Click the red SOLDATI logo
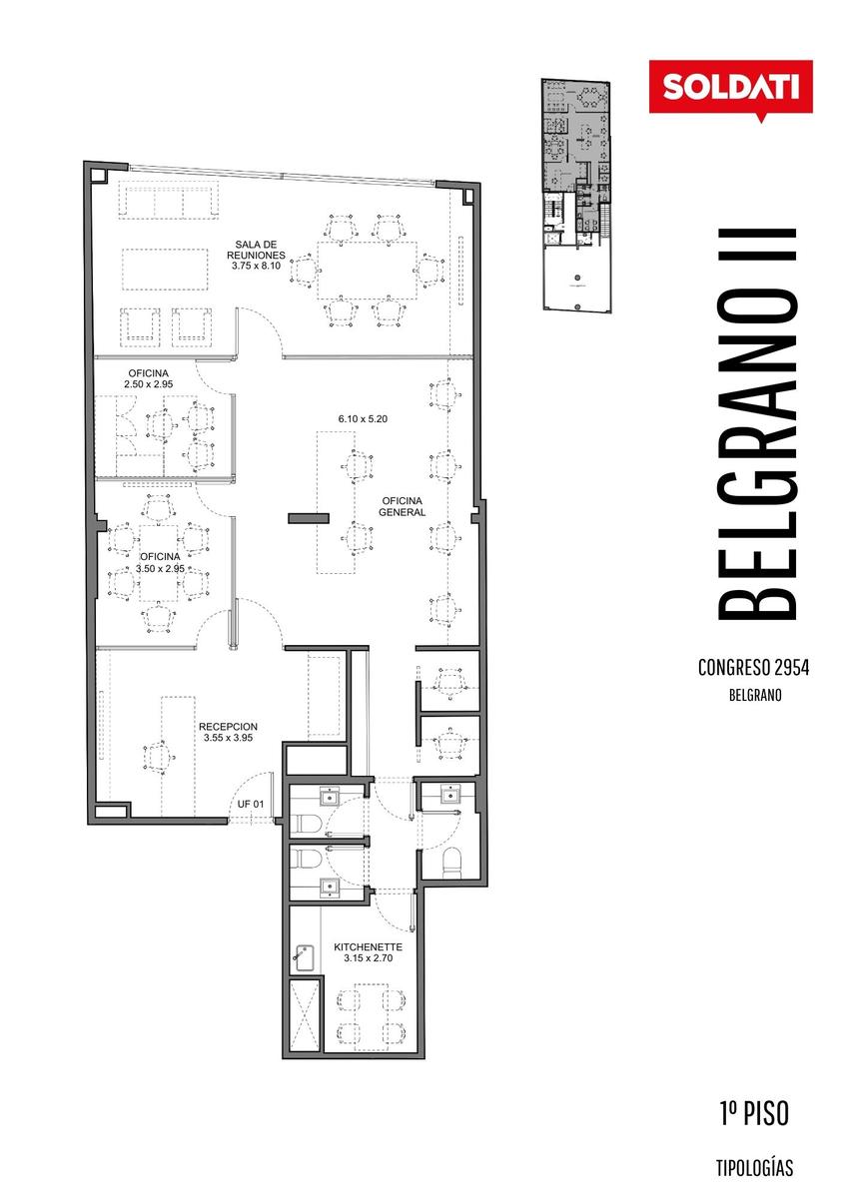tap(730, 88)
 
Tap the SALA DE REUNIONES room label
tap(256, 250)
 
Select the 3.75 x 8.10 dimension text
tap(256, 266)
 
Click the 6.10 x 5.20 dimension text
tap(363, 419)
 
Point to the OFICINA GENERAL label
tap(402, 506)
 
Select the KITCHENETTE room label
tap(368, 947)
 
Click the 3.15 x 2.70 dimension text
tap(368, 958)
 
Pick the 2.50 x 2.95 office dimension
tap(148, 384)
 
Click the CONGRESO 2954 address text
tap(753, 668)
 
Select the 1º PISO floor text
tap(754, 1113)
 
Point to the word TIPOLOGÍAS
tap(754, 1168)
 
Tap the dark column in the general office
tap(309, 518)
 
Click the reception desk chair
tap(159, 758)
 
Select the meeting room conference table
tap(367, 271)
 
